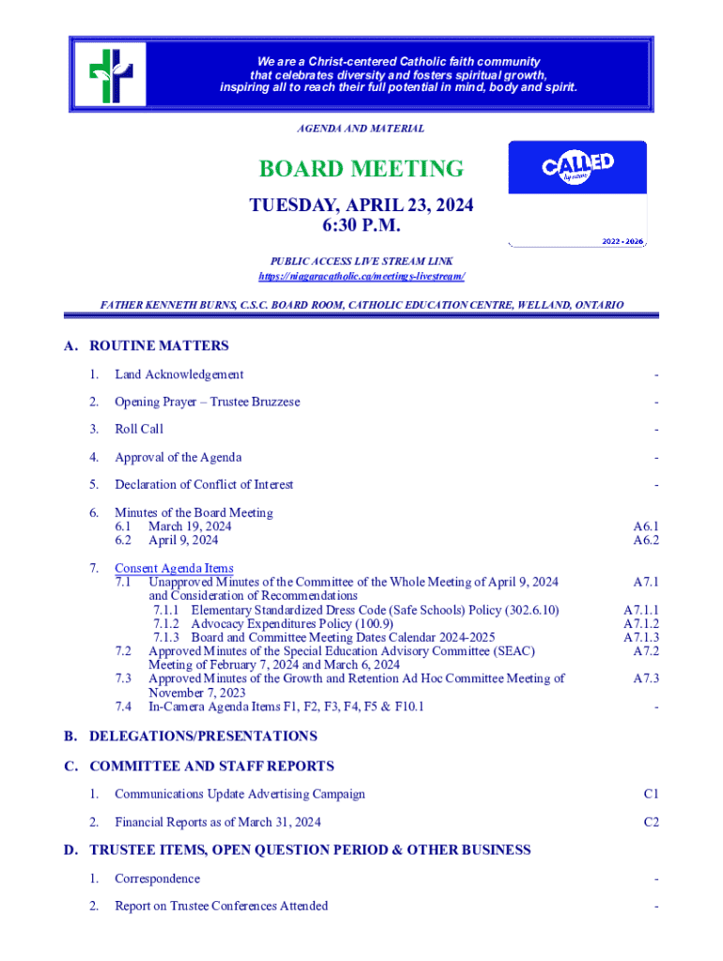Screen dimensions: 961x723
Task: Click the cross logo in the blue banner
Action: [110, 73]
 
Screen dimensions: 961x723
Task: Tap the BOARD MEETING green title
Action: [361, 169]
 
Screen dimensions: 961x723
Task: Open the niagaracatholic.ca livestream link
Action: [361, 277]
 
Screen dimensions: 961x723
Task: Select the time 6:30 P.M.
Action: [361, 226]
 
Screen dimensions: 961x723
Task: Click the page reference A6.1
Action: [645, 526]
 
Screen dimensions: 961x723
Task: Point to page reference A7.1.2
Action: [640, 624]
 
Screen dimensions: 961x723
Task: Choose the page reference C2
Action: [651, 822]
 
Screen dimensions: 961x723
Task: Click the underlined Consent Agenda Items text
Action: [174, 568]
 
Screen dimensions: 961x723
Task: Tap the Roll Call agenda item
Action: [139, 429]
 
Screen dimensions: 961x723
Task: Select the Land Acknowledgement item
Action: [178, 374]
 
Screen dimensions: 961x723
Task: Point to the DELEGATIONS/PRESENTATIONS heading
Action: [203, 736]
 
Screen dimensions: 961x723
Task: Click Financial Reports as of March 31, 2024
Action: [218, 822]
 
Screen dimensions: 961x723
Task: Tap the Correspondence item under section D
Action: [157, 878]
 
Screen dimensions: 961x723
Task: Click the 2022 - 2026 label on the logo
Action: [622, 241]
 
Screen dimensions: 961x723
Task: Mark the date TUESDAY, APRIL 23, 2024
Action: [361, 206]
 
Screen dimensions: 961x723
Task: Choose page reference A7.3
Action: [645, 678]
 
